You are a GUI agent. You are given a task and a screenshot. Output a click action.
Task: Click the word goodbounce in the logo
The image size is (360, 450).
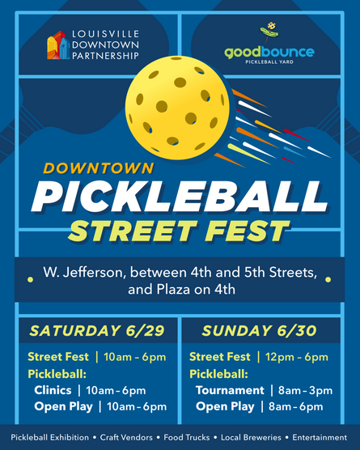(x=269, y=53)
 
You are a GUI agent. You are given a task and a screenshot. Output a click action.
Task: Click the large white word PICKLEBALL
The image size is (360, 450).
(x=180, y=197)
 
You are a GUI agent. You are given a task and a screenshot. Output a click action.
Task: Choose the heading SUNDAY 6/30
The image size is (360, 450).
(x=259, y=330)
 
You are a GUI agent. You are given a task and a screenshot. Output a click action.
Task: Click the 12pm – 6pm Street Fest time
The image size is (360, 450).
(x=294, y=357)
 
